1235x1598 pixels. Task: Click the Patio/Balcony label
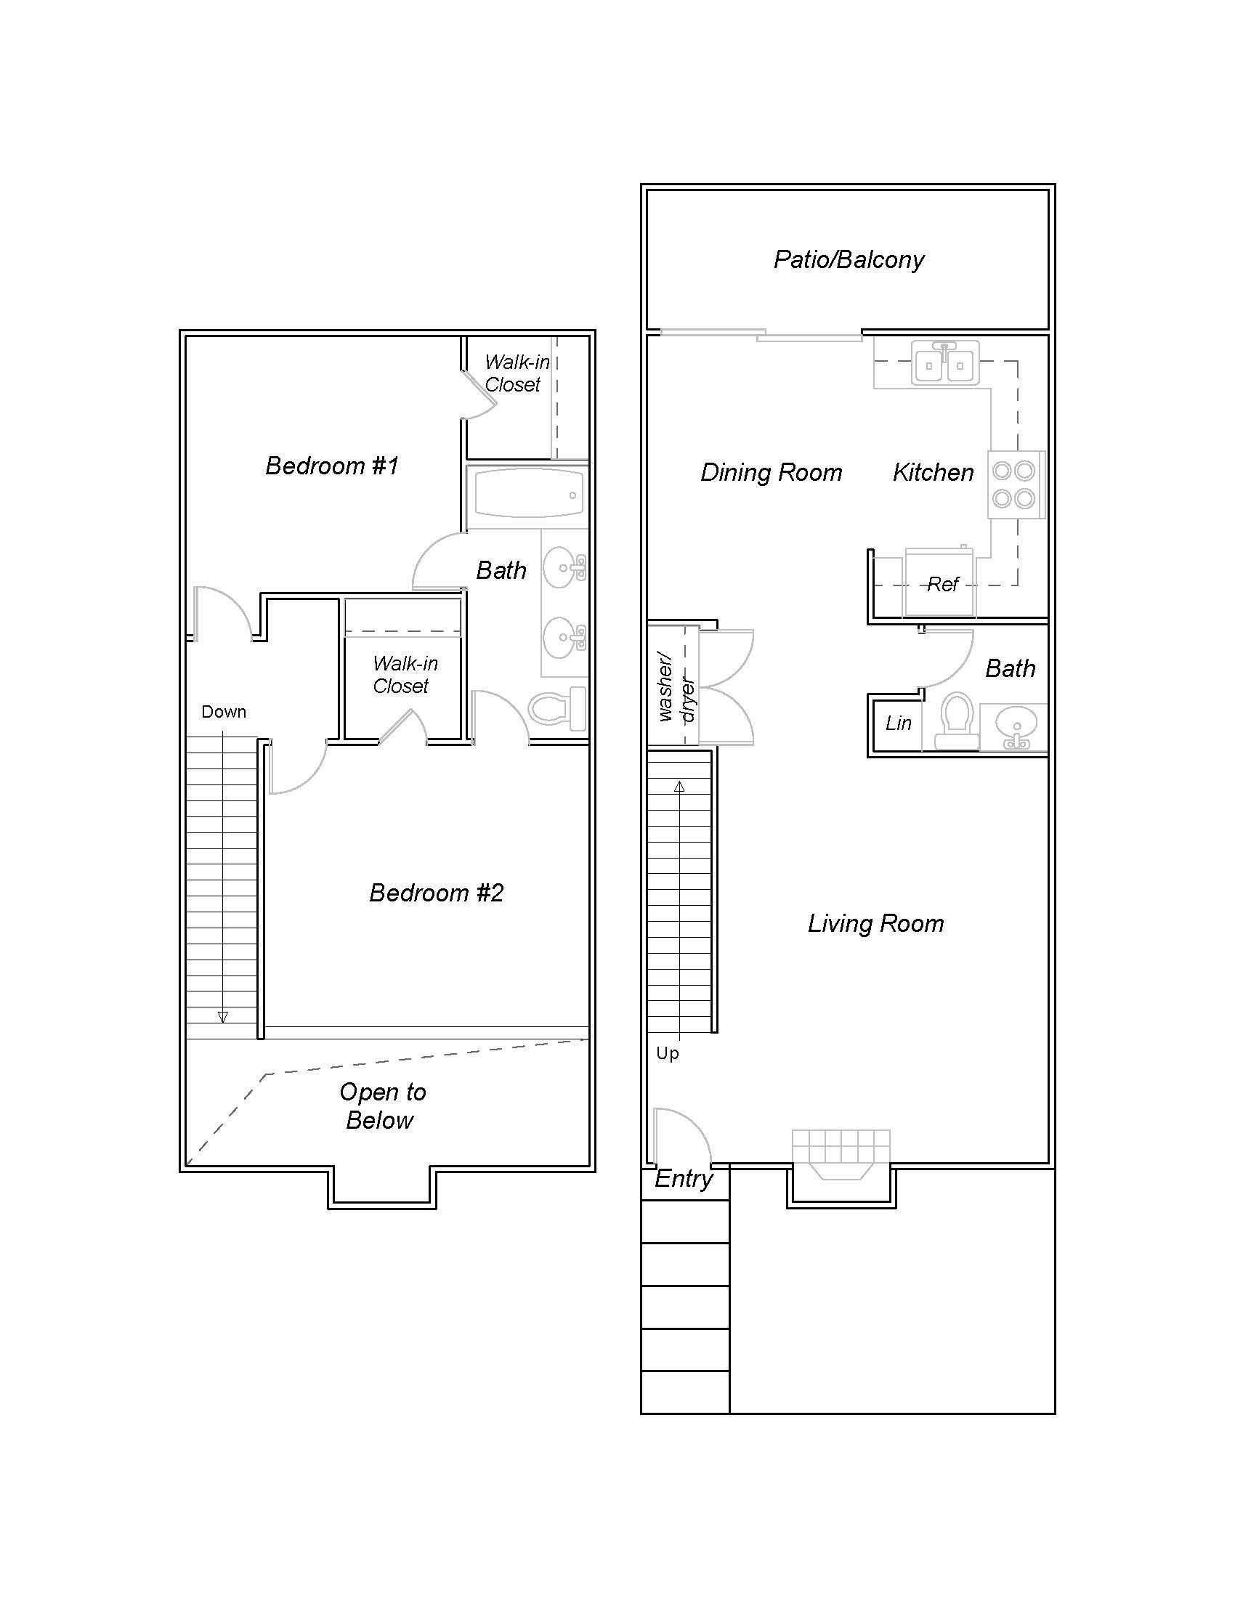(x=849, y=260)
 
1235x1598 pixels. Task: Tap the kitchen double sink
(x=944, y=364)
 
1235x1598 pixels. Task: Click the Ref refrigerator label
(x=942, y=585)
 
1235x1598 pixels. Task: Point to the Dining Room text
(x=771, y=473)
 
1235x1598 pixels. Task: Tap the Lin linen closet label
(x=898, y=723)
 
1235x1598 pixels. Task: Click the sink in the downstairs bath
(x=1014, y=727)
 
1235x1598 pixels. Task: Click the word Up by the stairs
(x=667, y=1054)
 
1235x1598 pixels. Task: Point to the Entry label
(x=684, y=1179)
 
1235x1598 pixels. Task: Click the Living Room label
(x=876, y=924)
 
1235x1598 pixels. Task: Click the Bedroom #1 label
(x=331, y=466)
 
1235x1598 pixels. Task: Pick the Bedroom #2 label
(x=436, y=893)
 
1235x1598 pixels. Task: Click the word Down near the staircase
(x=224, y=712)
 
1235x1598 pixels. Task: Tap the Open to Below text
(x=381, y=1106)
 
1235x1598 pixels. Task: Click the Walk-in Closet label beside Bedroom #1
(x=516, y=373)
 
